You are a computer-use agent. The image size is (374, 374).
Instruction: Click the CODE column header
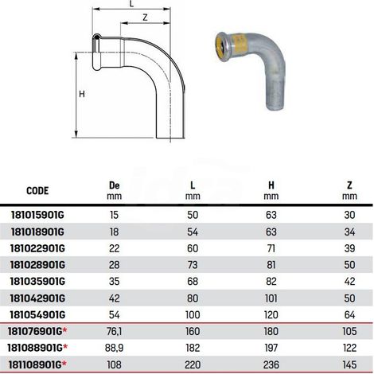(x=37, y=191)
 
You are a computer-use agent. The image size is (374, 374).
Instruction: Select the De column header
(x=115, y=185)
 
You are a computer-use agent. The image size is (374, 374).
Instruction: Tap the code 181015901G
(x=37, y=215)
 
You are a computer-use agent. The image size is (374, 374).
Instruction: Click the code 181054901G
(x=37, y=315)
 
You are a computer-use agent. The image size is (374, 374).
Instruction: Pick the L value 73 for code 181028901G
(x=193, y=265)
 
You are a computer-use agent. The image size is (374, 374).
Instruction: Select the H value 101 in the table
(x=271, y=298)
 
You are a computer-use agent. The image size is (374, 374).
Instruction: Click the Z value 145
(x=349, y=364)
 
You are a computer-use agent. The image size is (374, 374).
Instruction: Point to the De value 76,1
(x=115, y=332)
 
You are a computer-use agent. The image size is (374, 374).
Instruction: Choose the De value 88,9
(x=115, y=348)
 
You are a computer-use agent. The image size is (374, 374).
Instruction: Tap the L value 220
(x=193, y=364)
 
